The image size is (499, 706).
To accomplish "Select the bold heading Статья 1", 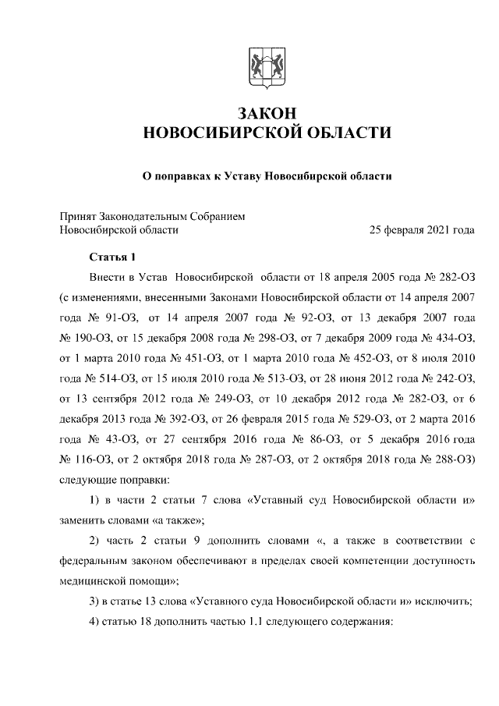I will click(x=112, y=257).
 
